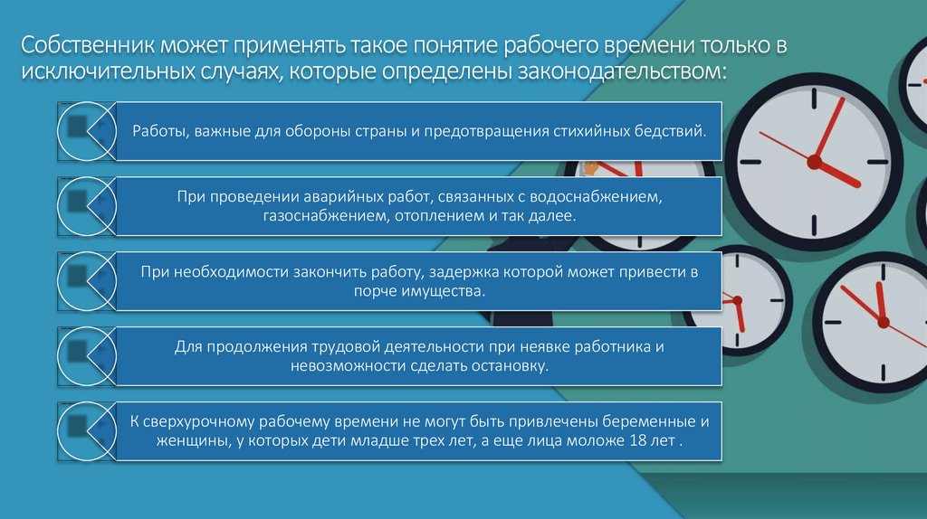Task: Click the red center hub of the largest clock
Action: pyautogui.click(x=813, y=163)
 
